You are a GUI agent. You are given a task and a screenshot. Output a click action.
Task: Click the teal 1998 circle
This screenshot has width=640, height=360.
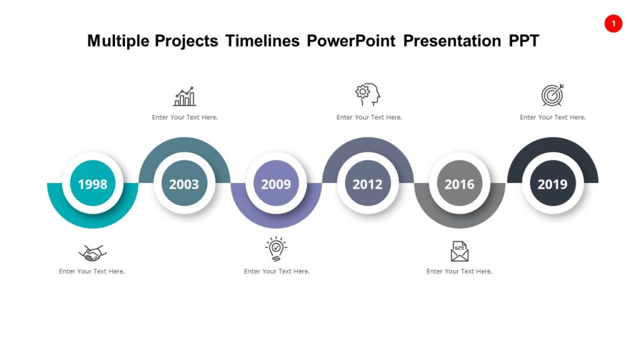[x=92, y=184]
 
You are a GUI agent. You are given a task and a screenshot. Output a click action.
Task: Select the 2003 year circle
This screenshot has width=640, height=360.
[x=184, y=184]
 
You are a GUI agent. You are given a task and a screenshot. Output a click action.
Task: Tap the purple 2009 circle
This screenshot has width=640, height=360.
[x=276, y=184]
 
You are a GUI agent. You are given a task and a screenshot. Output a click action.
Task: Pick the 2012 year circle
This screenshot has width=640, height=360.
[x=367, y=184]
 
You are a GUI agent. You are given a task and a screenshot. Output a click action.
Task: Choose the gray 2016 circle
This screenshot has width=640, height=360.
[x=459, y=184]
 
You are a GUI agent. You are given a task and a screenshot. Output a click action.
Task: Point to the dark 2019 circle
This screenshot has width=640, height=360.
[x=552, y=184]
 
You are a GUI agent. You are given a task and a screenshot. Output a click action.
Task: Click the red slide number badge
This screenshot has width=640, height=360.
[x=613, y=24]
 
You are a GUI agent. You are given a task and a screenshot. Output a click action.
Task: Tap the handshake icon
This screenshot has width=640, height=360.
[x=92, y=252]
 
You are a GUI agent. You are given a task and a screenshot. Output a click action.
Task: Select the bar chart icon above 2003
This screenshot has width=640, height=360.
[x=184, y=96]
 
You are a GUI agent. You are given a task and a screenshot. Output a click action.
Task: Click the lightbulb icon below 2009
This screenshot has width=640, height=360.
[x=276, y=249]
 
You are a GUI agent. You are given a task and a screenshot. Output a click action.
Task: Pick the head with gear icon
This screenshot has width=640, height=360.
[x=368, y=94]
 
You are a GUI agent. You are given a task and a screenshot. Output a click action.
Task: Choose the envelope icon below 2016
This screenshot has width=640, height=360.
[x=459, y=251]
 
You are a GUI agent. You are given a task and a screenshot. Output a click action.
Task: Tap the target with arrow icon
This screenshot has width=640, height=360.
[x=552, y=95]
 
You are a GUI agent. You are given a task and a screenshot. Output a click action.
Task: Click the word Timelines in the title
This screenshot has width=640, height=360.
[x=262, y=41]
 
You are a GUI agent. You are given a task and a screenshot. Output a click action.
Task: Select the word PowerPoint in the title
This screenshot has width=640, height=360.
[x=351, y=41]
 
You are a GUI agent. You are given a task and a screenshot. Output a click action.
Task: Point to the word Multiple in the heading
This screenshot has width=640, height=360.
[x=119, y=41]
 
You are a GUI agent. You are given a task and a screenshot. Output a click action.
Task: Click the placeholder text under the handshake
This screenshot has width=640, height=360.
[x=92, y=271]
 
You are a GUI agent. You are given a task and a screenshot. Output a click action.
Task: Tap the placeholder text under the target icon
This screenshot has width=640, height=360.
[x=552, y=117]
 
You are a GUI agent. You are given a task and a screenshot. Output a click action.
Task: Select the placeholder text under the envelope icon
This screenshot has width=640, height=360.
[x=459, y=271]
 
